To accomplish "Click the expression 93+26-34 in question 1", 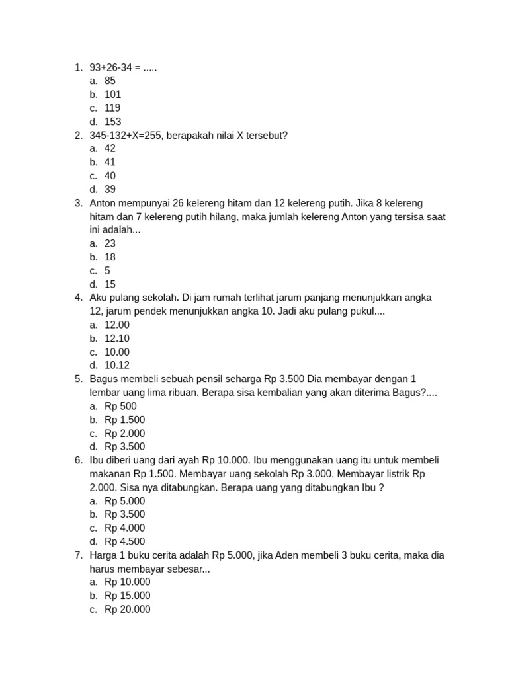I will click(x=114, y=67).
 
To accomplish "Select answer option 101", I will click(x=112, y=95).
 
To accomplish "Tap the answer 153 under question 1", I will click(x=112, y=122).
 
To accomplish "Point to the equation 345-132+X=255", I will click(x=128, y=136).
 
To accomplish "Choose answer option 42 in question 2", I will click(x=110, y=149).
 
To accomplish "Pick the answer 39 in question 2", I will click(x=110, y=190).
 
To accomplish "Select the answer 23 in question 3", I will click(x=110, y=244).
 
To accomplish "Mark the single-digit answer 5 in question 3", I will click(x=107, y=271).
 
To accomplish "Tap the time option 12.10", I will click(x=117, y=338).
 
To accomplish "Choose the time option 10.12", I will click(x=117, y=366).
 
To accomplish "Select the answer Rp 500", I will click(x=120, y=407).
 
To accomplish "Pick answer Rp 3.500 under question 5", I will click(x=124, y=447).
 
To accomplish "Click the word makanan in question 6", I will click(x=110, y=474).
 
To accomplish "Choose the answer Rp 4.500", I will click(x=124, y=541).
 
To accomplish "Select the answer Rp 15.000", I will click(x=127, y=596).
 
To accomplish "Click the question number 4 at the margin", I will click(x=78, y=298).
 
